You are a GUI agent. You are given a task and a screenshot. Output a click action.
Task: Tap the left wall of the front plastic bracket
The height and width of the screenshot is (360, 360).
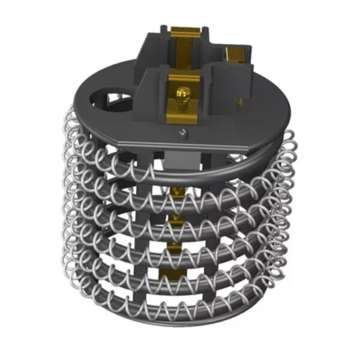pos(154,99)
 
